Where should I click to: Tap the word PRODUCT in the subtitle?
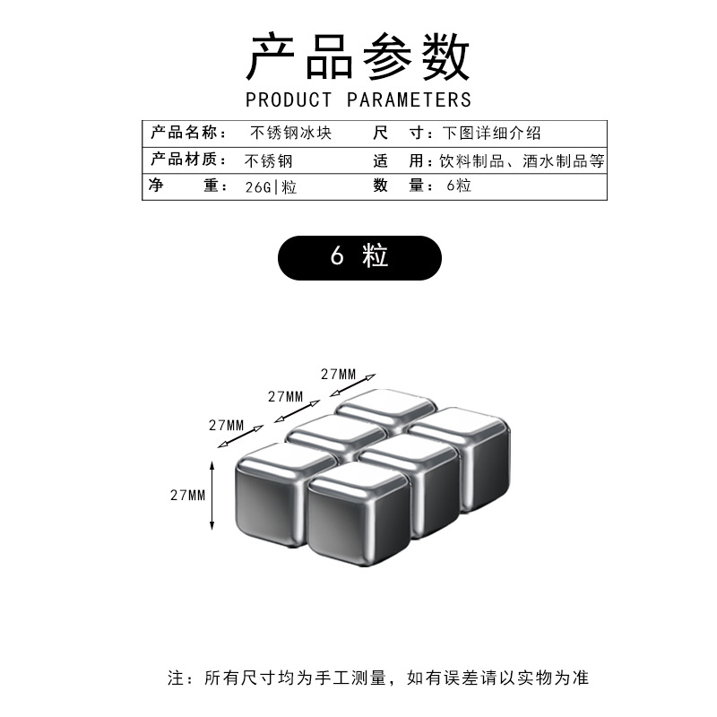pos(289,99)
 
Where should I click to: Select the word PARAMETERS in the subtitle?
pos(409,99)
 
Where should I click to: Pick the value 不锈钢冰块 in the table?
pos(291,134)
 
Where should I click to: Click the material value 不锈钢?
pos(268,161)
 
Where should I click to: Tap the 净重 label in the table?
pos(184,186)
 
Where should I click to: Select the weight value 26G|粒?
pos(271,187)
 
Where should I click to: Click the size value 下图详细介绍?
pos(491,134)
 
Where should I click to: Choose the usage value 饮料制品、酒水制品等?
pos(523,161)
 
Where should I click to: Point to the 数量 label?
pos(397,186)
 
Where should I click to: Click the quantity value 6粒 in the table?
pos(458,186)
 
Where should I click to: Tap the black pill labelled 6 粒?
pos(359,257)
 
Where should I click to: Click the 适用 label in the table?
pos(397,160)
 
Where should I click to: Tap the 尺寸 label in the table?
pos(397,134)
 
